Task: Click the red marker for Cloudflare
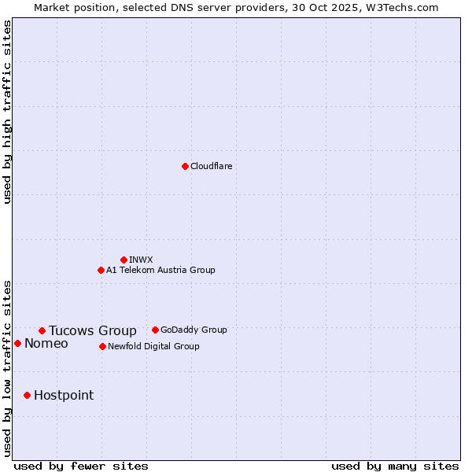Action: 185,166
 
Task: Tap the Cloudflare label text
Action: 212,167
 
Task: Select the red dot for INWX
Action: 124,260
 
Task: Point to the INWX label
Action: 141,260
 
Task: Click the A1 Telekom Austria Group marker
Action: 101,270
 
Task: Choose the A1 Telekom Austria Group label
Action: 160,271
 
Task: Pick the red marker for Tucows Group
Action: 42,330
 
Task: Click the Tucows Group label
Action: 93,331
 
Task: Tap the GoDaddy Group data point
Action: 155,330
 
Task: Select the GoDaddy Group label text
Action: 194,330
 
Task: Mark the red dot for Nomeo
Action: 17,343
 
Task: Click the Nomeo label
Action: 46,344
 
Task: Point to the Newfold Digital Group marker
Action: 102,346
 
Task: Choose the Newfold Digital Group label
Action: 153,347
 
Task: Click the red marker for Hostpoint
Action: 27,395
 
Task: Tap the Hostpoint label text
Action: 64,396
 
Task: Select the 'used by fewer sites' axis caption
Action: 81,466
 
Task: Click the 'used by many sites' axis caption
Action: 395,466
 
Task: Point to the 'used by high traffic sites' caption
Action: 7,112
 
